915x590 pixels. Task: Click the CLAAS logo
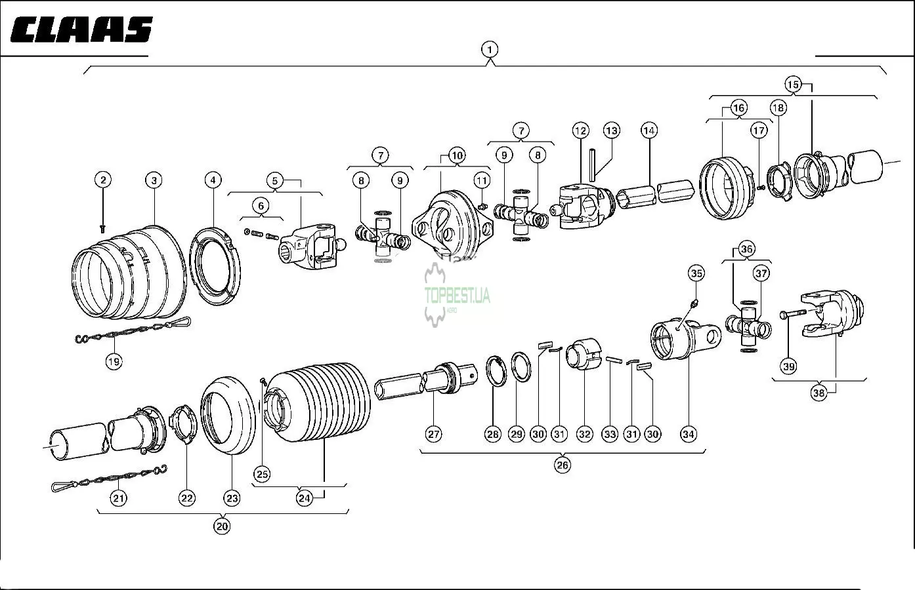[x=81, y=30]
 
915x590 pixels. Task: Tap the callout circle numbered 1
[x=489, y=49]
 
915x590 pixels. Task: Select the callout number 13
[x=611, y=130]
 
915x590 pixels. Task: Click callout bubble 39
[x=788, y=366]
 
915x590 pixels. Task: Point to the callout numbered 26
[x=563, y=465]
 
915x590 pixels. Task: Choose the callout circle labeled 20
[x=222, y=526]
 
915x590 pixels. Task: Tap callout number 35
[x=696, y=273]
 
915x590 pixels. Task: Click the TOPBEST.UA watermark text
[x=457, y=296]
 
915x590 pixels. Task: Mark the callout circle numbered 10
[x=457, y=155]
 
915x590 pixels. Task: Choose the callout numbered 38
[x=819, y=393]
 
